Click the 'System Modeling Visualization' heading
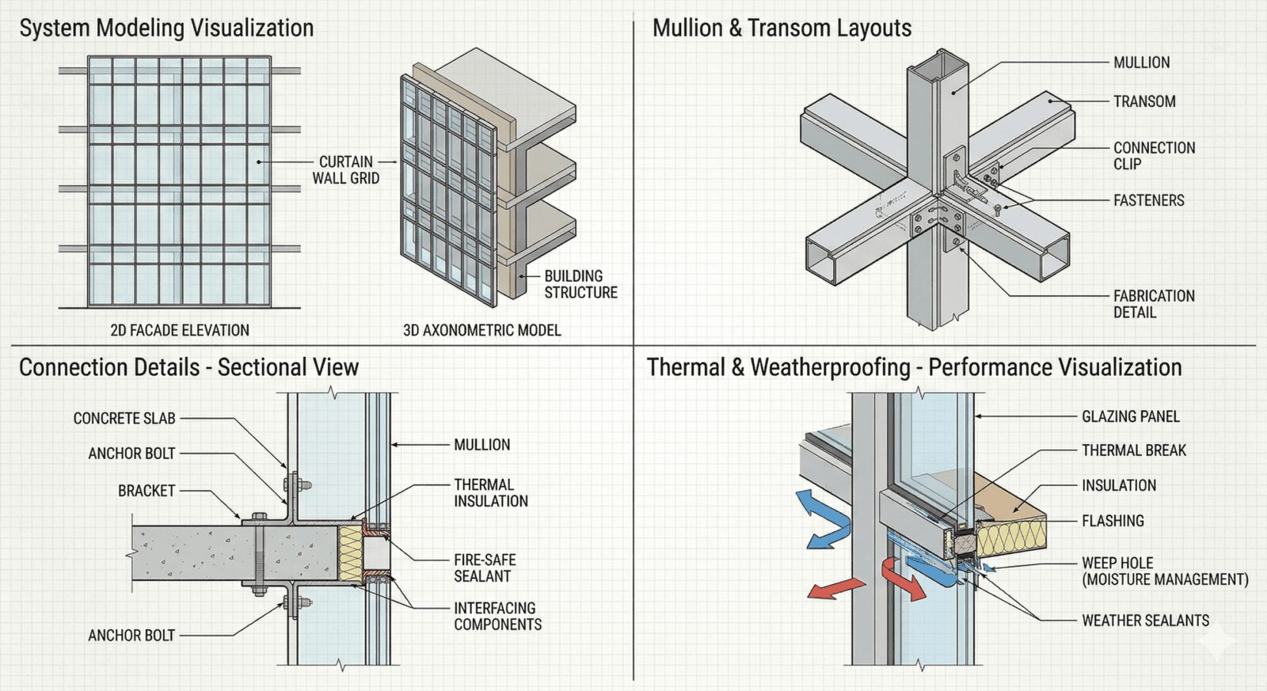(166, 28)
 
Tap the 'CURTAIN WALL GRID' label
(346, 170)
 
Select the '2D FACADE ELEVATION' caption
(180, 330)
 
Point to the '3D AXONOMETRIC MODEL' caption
(481, 330)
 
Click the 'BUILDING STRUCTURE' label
(580, 284)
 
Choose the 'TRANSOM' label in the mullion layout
(1144, 101)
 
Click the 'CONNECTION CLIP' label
(1154, 156)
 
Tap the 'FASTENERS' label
(1148, 200)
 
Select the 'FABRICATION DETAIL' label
(1153, 304)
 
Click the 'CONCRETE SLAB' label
(124, 418)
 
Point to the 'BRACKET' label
(146, 491)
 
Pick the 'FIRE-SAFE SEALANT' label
(485, 568)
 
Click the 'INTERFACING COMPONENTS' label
(497, 616)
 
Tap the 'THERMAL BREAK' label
(1134, 450)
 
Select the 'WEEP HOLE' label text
(1117, 563)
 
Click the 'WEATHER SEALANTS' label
(1145, 621)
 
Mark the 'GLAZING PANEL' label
(1130, 416)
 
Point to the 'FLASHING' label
(1113, 521)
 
